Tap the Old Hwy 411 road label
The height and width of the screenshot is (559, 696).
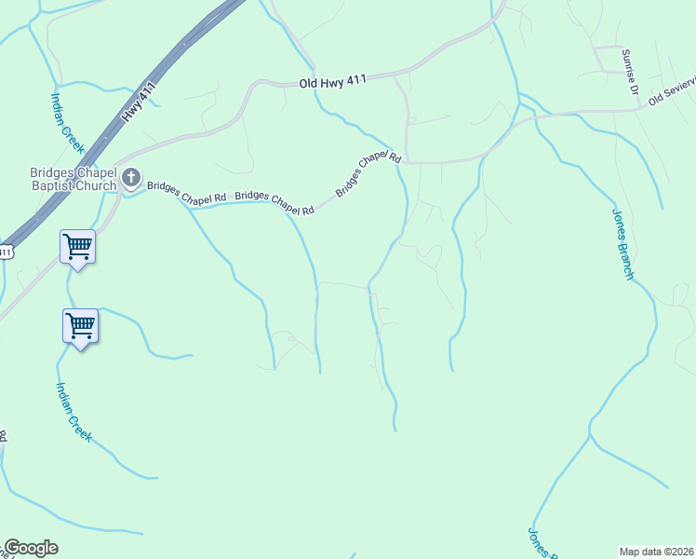tap(333, 83)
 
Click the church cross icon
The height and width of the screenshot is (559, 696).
tap(132, 177)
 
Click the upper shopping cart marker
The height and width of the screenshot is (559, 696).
tap(77, 247)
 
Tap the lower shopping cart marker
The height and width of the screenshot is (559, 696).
tap(80, 326)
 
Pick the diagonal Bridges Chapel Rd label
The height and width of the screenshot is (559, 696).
tap(368, 173)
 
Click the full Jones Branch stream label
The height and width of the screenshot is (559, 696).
tap(622, 242)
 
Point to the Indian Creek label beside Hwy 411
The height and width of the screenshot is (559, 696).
tap(67, 122)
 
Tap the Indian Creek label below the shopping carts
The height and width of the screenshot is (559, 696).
tap(74, 411)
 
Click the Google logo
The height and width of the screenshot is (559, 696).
tap(31, 548)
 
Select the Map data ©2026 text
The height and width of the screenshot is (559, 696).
tap(656, 552)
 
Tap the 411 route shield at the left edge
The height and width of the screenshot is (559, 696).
tap(6, 251)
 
